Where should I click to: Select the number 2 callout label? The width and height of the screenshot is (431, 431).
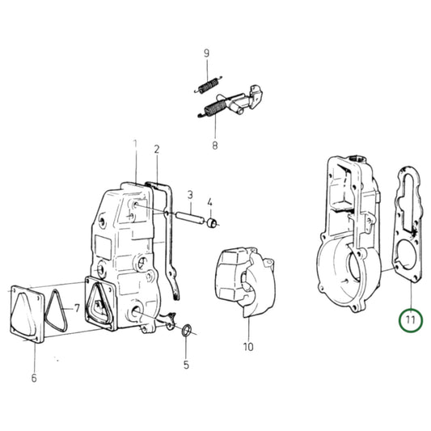pos(157,149)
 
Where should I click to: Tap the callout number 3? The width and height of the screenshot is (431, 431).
pos(189,195)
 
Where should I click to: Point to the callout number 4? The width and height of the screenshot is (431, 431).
pos(209,202)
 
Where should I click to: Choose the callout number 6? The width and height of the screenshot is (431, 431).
pos(34,378)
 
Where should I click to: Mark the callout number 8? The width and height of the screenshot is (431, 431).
pos(215,146)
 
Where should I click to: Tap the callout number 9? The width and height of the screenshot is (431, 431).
pos(206,54)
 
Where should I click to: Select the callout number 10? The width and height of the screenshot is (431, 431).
pos(247,348)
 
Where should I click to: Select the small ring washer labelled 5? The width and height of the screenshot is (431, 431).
pos(188,331)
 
